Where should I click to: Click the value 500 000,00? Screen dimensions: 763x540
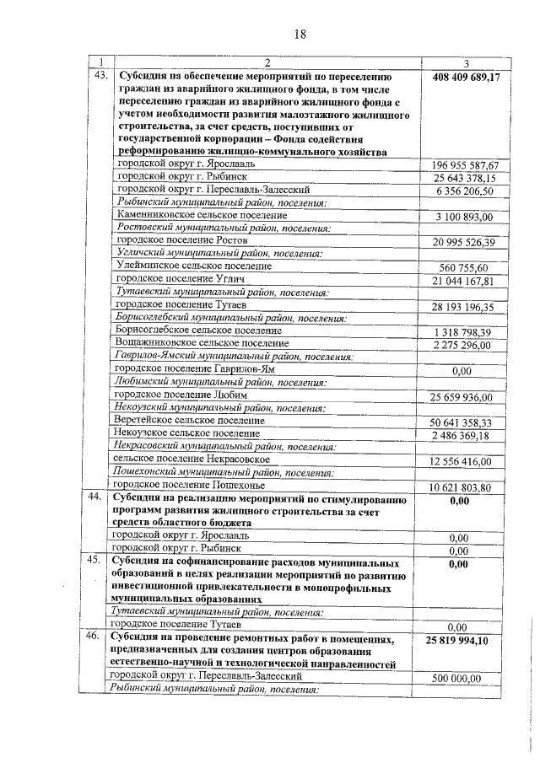[456, 678]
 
